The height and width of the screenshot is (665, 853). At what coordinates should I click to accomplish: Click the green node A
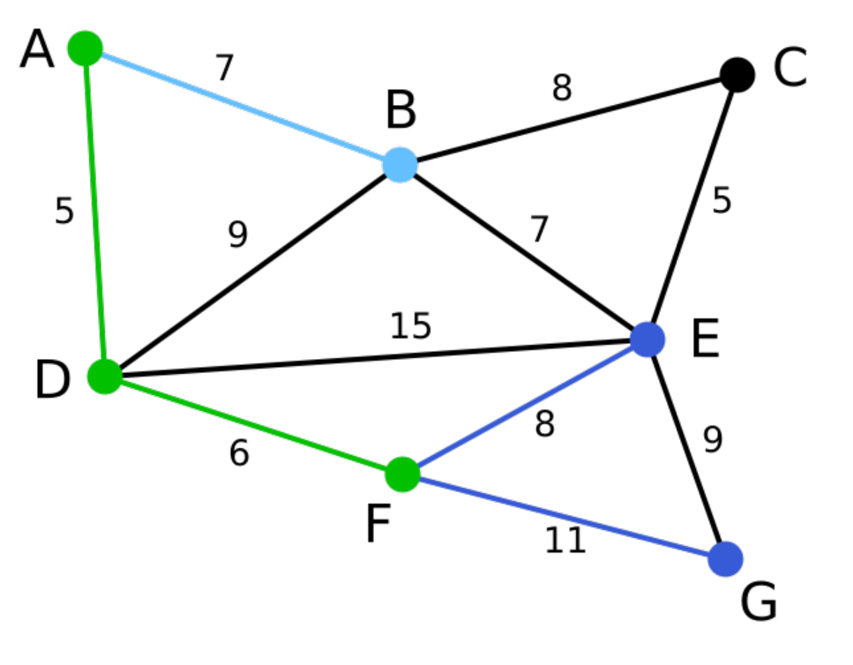86,47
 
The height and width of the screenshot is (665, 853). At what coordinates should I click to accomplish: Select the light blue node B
400,164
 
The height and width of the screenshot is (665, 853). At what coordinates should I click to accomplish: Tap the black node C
737,74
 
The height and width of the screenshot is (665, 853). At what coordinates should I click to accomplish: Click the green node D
105,377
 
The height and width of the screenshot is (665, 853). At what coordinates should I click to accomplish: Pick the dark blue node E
648,340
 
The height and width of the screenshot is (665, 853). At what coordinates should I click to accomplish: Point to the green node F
402,474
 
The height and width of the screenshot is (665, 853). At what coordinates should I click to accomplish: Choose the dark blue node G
725,559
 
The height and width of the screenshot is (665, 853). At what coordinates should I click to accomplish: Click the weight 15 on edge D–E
410,326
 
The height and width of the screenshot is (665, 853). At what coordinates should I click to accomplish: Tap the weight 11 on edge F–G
565,540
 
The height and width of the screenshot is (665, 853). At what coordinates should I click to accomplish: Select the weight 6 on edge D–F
239,453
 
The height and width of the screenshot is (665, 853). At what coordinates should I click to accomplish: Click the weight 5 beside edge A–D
64,212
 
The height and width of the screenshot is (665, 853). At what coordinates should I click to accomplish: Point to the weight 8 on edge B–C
562,88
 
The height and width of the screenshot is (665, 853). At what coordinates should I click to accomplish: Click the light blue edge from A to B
243,106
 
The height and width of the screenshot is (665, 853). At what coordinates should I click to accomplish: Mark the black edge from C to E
692,207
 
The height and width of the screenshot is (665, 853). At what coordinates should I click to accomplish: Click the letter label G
759,604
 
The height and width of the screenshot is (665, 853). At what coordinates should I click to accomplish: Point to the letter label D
52,382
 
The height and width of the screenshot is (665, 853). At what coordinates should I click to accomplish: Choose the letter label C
789,70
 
